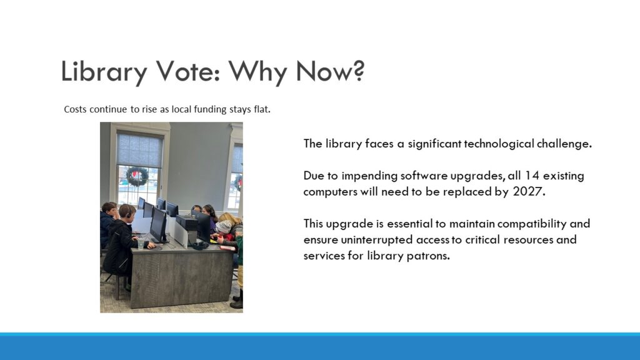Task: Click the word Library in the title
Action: pyautogui.click(x=104, y=72)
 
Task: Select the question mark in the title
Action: pyautogui.click(x=357, y=70)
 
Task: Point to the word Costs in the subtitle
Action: pyautogui.click(x=75, y=109)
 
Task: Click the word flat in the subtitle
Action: pyautogui.click(x=262, y=109)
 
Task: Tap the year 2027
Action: pyautogui.click(x=529, y=191)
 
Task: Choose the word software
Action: pyautogui.click(x=424, y=176)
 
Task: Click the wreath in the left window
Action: pyautogui.click(x=137, y=177)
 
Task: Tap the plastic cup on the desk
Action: pyautogui.click(x=141, y=243)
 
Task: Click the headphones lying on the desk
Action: pyautogui.click(x=200, y=245)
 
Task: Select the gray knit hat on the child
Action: pyautogui.click(x=223, y=227)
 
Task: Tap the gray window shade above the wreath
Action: pyautogui.click(x=139, y=149)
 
